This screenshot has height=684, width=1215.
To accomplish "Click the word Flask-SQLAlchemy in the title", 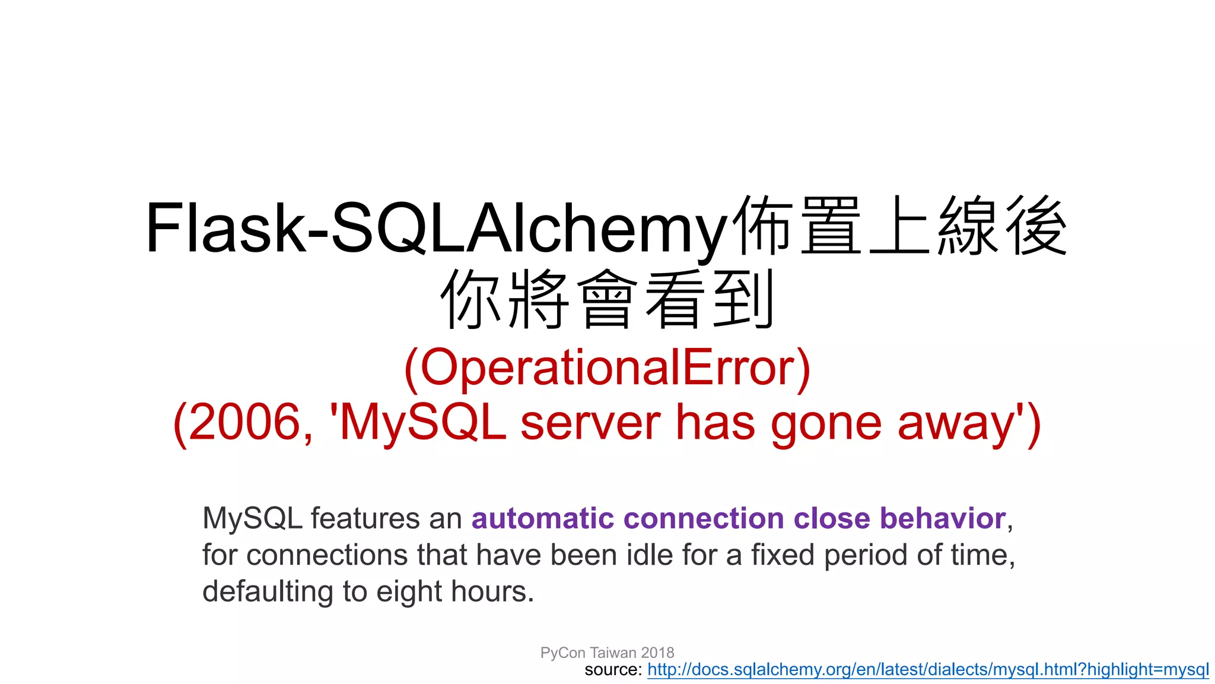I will click(436, 229).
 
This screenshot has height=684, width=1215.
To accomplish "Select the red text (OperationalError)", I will click(607, 368).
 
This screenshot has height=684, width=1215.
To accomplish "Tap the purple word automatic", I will click(542, 518).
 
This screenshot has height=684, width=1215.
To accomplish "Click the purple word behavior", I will click(943, 518).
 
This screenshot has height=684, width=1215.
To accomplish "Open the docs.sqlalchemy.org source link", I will click(927, 670).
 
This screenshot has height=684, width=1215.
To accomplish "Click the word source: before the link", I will click(613, 670).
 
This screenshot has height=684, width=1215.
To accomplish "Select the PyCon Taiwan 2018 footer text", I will click(607, 653).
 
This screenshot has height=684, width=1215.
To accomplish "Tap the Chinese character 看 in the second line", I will click(675, 298).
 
